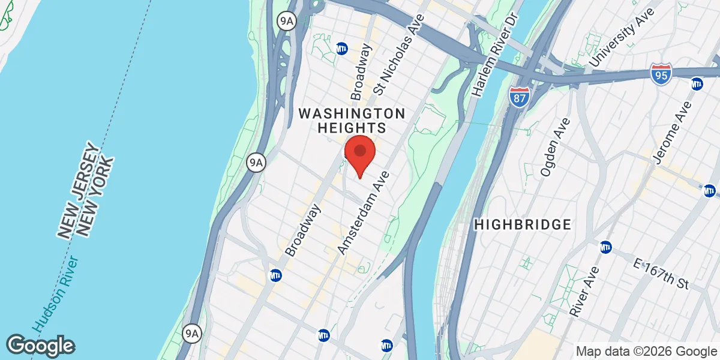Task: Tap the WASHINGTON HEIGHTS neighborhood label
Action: click(x=352, y=120)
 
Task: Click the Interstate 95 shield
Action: click(x=660, y=74)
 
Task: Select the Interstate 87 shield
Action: click(x=519, y=97)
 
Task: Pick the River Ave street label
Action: click(x=581, y=292)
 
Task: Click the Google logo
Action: click(x=41, y=346)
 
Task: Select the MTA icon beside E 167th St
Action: click(x=606, y=247)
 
